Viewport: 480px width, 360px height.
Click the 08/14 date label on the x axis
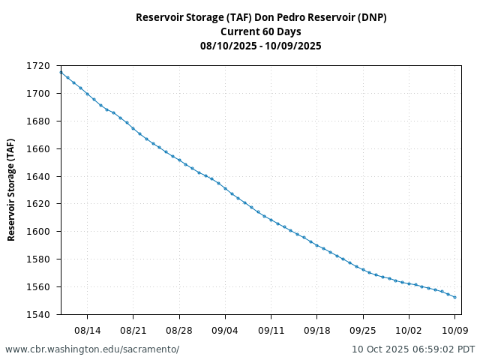coord(87,329)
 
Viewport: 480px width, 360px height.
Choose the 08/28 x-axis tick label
coord(179,329)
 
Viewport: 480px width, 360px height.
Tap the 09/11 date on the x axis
coord(271,329)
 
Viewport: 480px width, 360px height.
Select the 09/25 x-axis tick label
coord(363,329)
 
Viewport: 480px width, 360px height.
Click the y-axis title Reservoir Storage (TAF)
coord(11,190)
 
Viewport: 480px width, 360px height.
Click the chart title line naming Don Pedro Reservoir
coord(261,17)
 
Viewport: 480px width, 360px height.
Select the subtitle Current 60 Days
coord(261,31)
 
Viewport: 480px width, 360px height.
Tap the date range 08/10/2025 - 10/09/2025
coord(261,46)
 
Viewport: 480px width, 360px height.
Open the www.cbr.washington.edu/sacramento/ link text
coord(92,349)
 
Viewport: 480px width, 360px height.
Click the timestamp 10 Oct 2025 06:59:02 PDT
coord(413,349)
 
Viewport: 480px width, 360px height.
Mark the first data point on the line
coord(61,72)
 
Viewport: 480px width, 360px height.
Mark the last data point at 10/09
coord(455,297)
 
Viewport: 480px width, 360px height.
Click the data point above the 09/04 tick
coord(225,188)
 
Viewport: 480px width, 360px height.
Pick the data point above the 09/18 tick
coord(317,245)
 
